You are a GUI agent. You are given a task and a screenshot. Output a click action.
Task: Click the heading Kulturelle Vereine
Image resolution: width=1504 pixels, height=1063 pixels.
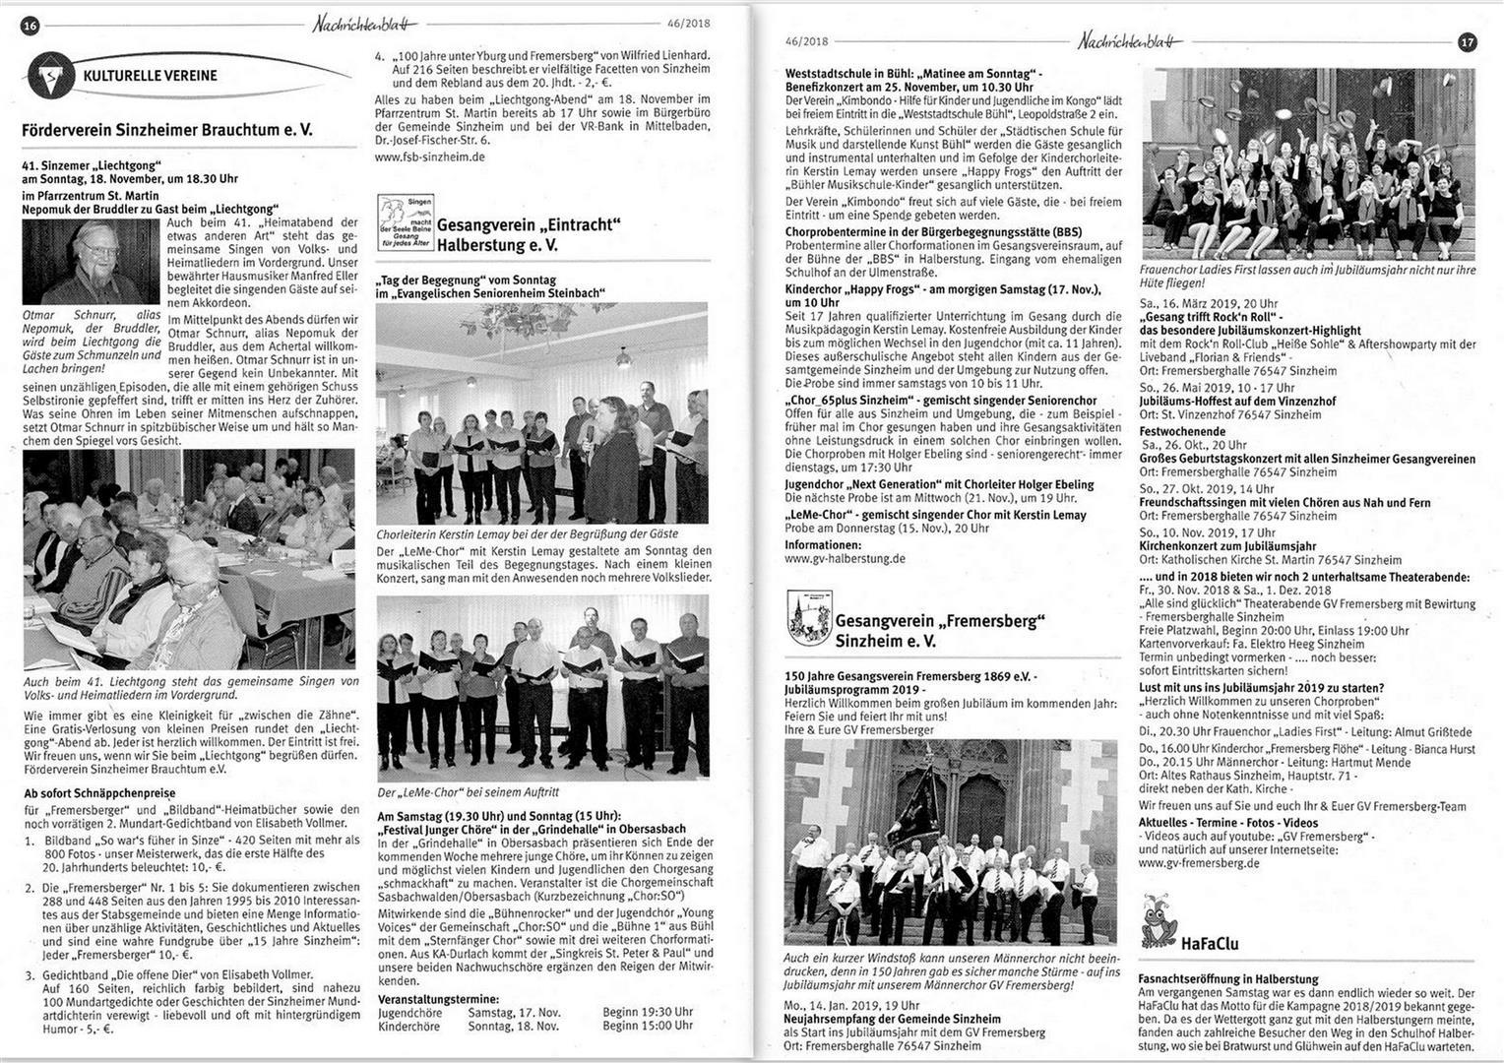(x=151, y=75)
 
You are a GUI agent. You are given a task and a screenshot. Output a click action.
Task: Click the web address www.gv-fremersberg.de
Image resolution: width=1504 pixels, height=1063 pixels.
(x=1198, y=863)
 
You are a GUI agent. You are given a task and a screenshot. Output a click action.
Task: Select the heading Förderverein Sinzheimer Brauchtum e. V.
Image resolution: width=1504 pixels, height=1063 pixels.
(x=167, y=129)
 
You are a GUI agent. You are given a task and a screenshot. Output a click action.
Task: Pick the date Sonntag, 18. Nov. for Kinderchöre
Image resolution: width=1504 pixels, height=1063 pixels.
(x=513, y=1026)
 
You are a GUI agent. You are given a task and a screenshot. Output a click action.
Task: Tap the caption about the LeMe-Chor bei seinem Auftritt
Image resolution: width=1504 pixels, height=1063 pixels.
(x=468, y=791)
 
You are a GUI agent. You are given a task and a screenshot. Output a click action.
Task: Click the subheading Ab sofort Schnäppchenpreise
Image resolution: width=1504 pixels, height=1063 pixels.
(x=98, y=792)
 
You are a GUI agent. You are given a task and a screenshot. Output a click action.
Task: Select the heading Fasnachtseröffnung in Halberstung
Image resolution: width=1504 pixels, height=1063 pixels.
(x=1227, y=979)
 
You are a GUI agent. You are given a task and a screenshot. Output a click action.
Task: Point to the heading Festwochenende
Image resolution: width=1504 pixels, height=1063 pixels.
(x=1181, y=431)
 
